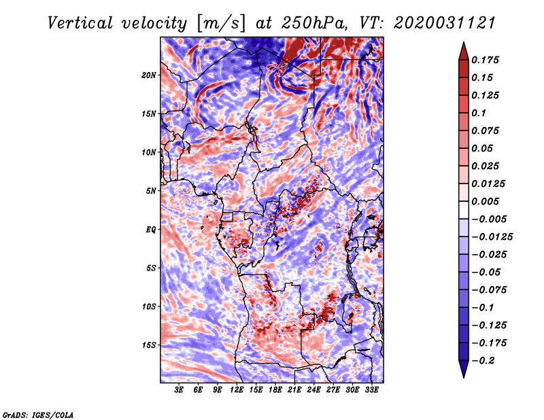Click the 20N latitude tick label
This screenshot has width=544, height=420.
click(x=149, y=75)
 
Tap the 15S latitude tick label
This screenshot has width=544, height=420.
click(x=149, y=345)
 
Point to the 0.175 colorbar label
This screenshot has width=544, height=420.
click(x=487, y=60)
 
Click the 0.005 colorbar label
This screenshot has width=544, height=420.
click(x=487, y=201)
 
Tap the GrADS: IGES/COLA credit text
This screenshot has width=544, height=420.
click(x=37, y=414)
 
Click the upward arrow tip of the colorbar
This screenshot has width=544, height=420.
click(x=462, y=43)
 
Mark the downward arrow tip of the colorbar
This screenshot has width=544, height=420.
click(x=462, y=376)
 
